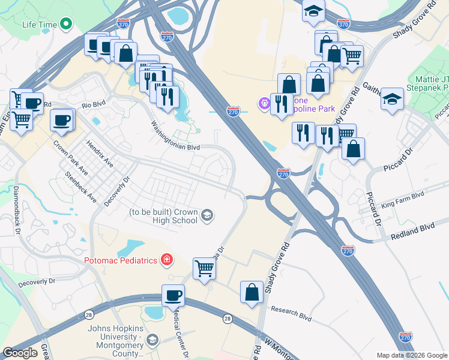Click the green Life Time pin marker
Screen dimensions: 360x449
point(66,25)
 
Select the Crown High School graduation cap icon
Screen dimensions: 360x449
point(207,215)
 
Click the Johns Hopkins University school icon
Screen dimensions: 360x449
point(152,340)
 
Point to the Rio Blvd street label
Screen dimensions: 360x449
point(94,104)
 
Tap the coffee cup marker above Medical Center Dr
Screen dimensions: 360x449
point(173,295)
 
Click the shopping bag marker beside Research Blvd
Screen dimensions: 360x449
point(252,292)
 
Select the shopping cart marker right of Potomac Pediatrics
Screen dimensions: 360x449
point(205,268)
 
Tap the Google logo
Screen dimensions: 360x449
point(20,353)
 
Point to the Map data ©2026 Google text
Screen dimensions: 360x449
point(411,355)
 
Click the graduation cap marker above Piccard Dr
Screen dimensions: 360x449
point(392,99)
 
